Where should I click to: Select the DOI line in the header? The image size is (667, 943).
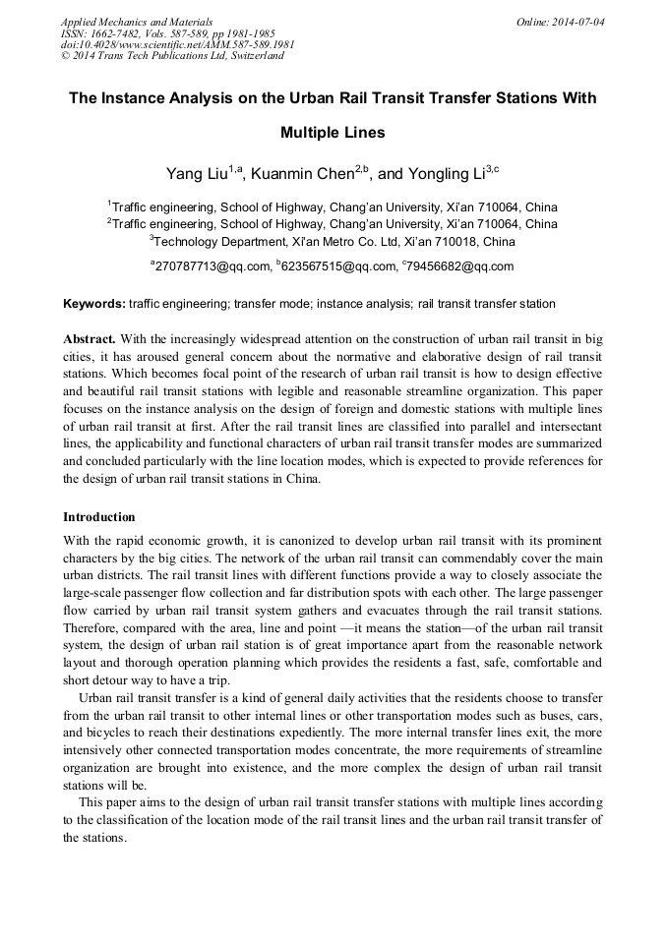(177, 44)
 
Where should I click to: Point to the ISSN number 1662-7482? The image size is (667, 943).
(116, 32)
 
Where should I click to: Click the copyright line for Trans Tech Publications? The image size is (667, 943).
(172, 56)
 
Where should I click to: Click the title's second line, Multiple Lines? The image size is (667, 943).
(333, 132)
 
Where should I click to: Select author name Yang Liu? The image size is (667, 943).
(197, 174)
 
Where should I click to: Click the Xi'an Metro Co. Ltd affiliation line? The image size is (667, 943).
(333, 242)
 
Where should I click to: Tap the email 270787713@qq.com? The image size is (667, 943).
(212, 266)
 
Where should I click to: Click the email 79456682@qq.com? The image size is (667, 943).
(459, 266)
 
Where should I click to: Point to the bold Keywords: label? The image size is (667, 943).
(94, 304)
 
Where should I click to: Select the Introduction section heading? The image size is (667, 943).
(99, 516)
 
